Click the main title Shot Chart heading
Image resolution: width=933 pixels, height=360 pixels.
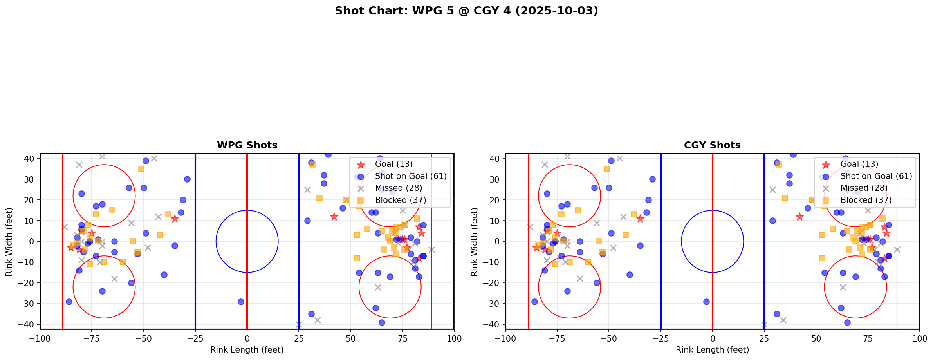(x=466, y=11)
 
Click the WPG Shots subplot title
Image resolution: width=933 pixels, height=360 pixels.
(x=247, y=145)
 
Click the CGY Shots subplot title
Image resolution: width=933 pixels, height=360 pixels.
(x=712, y=145)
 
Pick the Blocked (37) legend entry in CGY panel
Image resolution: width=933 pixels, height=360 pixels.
(x=866, y=200)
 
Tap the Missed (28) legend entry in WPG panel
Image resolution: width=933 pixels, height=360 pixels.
(x=398, y=188)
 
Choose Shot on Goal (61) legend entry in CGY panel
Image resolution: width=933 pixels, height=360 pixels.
(x=876, y=176)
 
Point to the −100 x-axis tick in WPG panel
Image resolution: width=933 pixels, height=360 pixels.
(x=40, y=338)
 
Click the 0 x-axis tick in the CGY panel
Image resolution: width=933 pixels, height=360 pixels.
(x=713, y=338)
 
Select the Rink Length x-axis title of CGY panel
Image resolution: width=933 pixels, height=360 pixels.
(x=712, y=350)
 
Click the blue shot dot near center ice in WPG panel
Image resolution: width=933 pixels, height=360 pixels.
(x=241, y=302)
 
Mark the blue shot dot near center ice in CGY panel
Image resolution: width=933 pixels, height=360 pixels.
(x=706, y=302)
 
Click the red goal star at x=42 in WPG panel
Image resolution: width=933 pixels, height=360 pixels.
(x=334, y=217)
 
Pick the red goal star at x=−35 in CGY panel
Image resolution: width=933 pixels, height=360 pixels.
(x=640, y=219)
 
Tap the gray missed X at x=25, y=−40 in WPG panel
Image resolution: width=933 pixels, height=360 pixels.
(x=299, y=324)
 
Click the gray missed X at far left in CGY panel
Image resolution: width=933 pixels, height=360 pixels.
(x=530, y=227)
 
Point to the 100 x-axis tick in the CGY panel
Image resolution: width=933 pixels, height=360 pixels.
(x=919, y=338)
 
